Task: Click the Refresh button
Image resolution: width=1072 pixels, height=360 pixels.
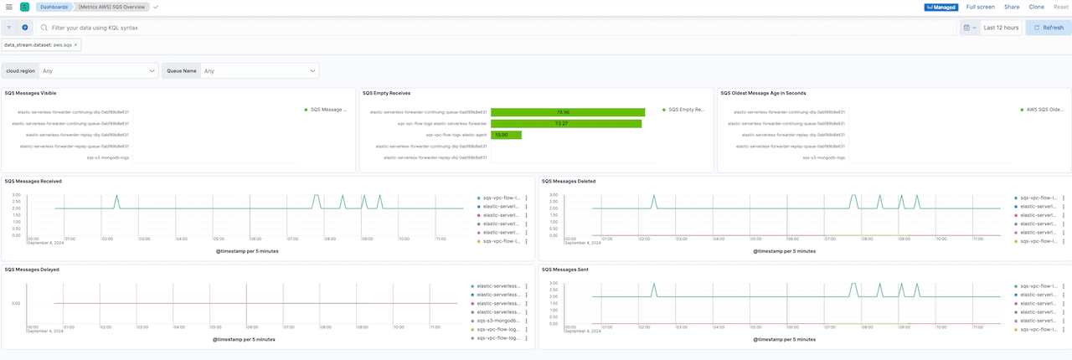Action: pos(1048,28)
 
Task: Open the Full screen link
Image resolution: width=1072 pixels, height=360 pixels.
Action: pos(980,7)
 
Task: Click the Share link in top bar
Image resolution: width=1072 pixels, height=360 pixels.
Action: pos(1012,7)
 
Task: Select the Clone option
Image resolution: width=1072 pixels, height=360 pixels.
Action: pos(1036,7)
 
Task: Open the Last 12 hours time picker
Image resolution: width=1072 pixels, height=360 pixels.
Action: pos(1001,28)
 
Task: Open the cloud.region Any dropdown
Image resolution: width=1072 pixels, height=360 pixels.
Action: pos(99,71)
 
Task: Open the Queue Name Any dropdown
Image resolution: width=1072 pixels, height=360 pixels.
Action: pos(260,71)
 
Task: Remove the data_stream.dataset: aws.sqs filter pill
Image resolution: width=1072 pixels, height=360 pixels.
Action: pos(76,45)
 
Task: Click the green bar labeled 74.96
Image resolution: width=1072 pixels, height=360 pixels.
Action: pos(568,112)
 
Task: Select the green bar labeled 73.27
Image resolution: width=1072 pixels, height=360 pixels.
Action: pos(566,123)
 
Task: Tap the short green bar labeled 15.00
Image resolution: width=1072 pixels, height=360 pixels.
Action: pos(506,135)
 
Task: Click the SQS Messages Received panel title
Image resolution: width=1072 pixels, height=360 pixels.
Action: pos(33,181)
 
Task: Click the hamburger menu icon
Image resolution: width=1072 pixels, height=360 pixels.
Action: pos(8,7)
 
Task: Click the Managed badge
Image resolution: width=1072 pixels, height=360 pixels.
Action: pos(941,7)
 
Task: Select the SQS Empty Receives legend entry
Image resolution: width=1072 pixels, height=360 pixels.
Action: pos(686,110)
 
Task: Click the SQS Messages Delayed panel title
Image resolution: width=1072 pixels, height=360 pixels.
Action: pos(32,270)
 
